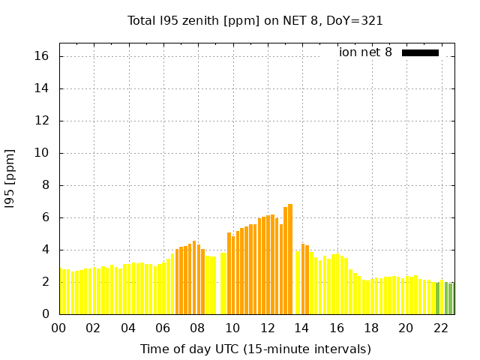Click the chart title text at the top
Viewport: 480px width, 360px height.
255,21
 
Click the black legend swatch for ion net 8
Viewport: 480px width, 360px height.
420,52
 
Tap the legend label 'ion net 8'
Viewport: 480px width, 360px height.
365,52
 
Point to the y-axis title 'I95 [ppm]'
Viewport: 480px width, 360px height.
10,178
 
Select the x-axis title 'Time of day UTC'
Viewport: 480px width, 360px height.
255,349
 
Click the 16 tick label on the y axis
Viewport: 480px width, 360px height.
42,56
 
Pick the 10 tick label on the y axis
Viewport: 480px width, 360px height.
42,153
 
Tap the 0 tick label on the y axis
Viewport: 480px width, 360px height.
46,314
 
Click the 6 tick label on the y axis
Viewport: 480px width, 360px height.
46,217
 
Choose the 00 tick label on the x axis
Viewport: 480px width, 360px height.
58,328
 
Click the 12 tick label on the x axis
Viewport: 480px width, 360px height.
267,328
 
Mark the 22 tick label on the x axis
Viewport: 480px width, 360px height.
441,328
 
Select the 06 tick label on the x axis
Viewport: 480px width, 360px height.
163,328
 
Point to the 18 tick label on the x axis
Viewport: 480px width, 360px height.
371,328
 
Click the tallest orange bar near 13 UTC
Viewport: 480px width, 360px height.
290,259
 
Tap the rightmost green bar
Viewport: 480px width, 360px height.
451,298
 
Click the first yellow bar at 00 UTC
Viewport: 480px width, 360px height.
61,292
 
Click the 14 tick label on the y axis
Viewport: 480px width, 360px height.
42,88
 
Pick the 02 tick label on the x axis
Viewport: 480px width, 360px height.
93,328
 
